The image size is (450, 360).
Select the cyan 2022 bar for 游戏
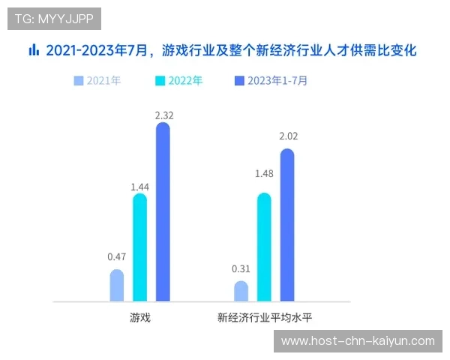click(x=139, y=247)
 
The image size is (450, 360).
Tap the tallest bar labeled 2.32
click(x=163, y=212)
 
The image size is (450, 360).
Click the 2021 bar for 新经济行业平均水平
click(x=241, y=291)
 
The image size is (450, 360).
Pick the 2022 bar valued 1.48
click(x=264, y=247)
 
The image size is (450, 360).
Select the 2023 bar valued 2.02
click(x=287, y=225)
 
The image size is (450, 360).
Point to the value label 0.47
click(x=116, y=256)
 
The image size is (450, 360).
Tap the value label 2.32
click(x=163, y=115)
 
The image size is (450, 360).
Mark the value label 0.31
click(x=241, y=268)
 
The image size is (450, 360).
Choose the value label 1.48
click(x=264, y=174)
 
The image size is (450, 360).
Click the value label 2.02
click(x=288, y=136)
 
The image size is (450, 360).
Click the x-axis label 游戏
click(x=140, y=317)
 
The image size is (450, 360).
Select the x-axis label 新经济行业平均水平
click(x=265, y=317)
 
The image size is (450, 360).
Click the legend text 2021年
click(x=103, y=80)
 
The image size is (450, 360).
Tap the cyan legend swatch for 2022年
click(x=160, y=80)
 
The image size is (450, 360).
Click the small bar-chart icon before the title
click(x=33, y=50)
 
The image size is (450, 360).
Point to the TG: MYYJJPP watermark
click(x=54, y=18)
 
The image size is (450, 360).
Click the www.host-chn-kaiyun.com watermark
click(x=357, y=341)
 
